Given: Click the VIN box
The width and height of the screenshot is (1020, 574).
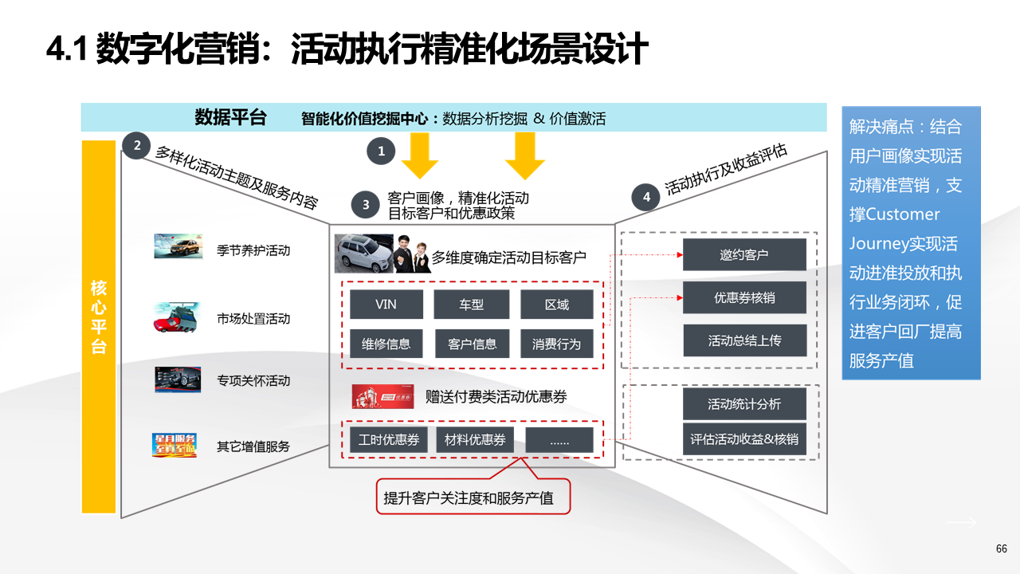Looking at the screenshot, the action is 386,305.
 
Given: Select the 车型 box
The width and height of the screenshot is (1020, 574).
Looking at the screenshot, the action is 471,305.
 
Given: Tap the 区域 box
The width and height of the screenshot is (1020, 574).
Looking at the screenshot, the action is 557,305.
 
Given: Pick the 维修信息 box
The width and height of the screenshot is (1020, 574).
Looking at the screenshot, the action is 386,344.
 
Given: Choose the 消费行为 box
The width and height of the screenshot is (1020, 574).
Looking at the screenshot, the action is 557,344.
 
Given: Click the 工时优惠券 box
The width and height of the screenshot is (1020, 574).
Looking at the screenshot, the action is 389,440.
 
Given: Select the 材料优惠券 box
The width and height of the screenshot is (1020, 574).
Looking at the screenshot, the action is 475,440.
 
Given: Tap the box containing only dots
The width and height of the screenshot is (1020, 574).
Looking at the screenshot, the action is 559,440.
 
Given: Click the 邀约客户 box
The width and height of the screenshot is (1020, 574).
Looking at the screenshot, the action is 744,255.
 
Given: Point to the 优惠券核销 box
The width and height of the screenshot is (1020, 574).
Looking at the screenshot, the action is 744,297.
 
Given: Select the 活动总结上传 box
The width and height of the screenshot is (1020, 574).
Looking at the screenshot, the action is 744,340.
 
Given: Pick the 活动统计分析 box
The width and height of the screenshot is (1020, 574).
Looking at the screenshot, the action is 744,404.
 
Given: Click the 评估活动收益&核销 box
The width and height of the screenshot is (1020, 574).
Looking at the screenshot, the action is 744,439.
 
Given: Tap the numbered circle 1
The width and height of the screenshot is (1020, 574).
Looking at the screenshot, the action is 381,151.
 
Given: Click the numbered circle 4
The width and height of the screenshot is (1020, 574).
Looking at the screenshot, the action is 646,197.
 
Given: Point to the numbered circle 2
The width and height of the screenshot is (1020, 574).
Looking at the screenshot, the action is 137,145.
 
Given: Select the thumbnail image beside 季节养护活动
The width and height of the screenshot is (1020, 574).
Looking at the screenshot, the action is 178,246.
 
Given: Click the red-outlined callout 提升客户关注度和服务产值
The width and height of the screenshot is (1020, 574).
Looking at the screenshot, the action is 473,497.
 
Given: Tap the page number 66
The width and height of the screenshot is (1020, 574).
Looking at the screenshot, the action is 1002,548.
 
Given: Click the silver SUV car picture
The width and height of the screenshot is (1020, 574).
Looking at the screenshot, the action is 363,254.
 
